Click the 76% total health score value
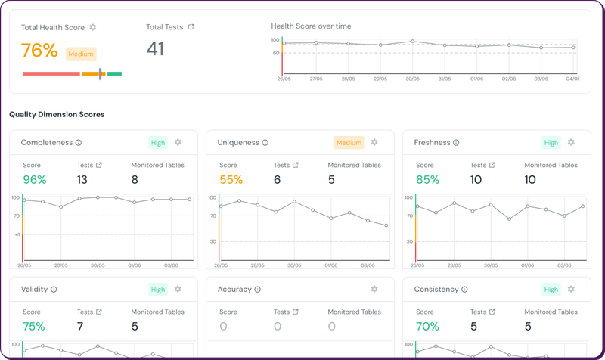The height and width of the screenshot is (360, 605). [39, 51]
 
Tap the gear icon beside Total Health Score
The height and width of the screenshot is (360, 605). [93, 27]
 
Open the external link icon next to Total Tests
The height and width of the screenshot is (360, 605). [191, 27]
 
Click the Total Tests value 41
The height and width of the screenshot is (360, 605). [155, 49]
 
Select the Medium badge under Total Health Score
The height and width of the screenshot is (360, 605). [81, 54]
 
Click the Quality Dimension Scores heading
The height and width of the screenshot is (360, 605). [57, 114]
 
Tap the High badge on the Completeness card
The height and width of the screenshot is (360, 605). [158, 142]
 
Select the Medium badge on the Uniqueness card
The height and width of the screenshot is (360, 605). [349, 142]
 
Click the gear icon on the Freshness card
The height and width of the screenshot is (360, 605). [571, 142]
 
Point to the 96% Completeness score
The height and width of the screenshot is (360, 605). [34, 179]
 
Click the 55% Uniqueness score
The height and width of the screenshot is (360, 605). [231, 179]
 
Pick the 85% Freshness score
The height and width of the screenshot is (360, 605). [427, 179]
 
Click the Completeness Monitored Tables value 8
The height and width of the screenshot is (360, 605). [135, 179]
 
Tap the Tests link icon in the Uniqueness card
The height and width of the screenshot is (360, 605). [296, 165]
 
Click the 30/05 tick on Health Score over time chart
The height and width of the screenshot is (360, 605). [412, 79]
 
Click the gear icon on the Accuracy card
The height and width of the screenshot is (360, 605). [374, 289]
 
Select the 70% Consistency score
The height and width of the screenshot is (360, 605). [427, 326]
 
